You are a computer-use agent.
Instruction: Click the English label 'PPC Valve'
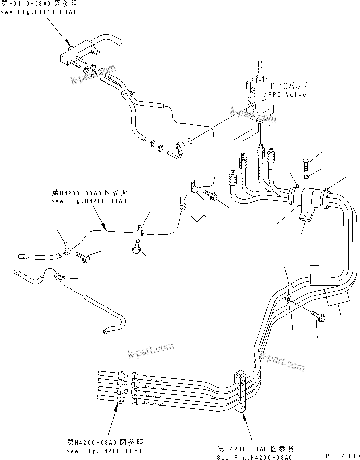(x=288, y=95)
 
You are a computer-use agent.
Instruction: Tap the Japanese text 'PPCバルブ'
(x=288, y=85)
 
